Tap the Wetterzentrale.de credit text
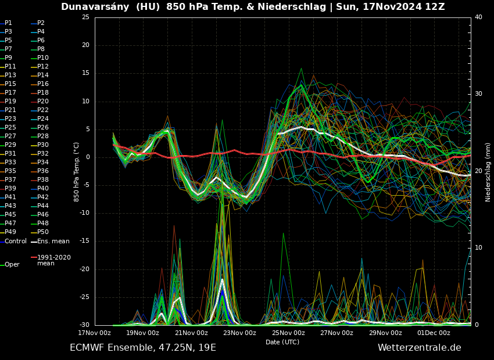[419, 348]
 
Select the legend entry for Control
[16, 241]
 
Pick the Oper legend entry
[12, 265]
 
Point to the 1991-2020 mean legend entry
[54, 260]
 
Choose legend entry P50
[43, 232]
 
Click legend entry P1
[8, 23]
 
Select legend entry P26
[43, 128]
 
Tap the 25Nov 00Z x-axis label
[288, 333]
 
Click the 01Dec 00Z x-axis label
[434, 333]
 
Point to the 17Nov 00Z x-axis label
[94, 333]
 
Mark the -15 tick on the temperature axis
[85, 241]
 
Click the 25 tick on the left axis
[85, 17]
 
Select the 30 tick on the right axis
[478, 94]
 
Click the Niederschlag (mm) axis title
[488, 172]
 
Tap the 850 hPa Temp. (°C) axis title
[76, 172]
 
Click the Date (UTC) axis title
[282, 342]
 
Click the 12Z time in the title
[434, 7]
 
